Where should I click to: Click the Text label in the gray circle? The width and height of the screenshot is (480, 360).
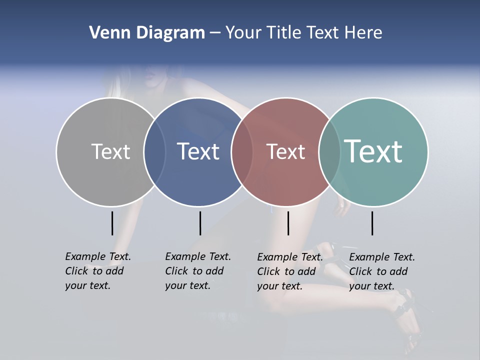(x=110, y=151)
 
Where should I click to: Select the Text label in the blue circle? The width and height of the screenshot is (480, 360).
(x=198, y=151)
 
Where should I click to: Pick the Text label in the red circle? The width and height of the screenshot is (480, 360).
(x=285, y=151)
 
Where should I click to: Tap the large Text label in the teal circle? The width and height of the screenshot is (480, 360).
(x=373, y=151)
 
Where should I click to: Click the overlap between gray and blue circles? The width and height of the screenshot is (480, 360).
(x=154, y=152)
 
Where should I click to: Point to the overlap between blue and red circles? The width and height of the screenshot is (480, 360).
(x=242, y=152)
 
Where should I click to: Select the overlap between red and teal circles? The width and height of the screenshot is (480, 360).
(x=329, y=152)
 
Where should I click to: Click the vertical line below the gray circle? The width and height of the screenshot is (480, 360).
(x=112, y=223)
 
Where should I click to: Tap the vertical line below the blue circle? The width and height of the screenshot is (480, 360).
(x=200, y=223)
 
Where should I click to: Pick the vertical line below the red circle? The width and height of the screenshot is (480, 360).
(x=288, y=223)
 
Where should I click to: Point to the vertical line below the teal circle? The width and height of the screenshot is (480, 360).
(x=372, y=223)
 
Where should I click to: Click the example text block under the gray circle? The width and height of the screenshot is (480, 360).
(x=97, y=271)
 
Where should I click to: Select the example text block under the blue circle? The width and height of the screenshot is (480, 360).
(x=197, y=271)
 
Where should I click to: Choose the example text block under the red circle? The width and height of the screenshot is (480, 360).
(x=289, y=271)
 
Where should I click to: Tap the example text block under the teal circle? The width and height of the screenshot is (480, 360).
(x=381, y=271)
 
